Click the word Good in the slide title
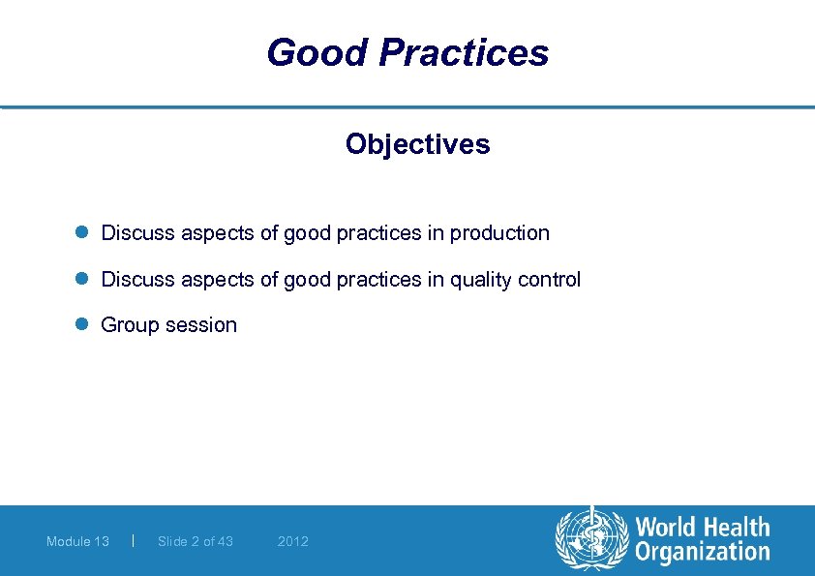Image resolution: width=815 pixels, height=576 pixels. click(317, 52)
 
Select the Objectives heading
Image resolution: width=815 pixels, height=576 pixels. click(417, 144)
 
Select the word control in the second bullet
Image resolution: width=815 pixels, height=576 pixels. click(550, 280)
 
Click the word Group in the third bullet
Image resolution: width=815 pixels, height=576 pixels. click(130, 325)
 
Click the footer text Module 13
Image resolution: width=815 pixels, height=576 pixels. click(77, 541)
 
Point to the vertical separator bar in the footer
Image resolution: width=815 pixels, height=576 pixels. click(132, 540)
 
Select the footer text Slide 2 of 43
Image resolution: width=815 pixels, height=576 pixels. click(196, 541)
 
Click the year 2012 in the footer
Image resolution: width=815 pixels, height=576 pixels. click(292, 541)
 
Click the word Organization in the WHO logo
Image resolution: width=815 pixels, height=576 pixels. click(702, 553)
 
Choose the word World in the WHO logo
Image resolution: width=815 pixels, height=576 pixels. click(669, 528)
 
